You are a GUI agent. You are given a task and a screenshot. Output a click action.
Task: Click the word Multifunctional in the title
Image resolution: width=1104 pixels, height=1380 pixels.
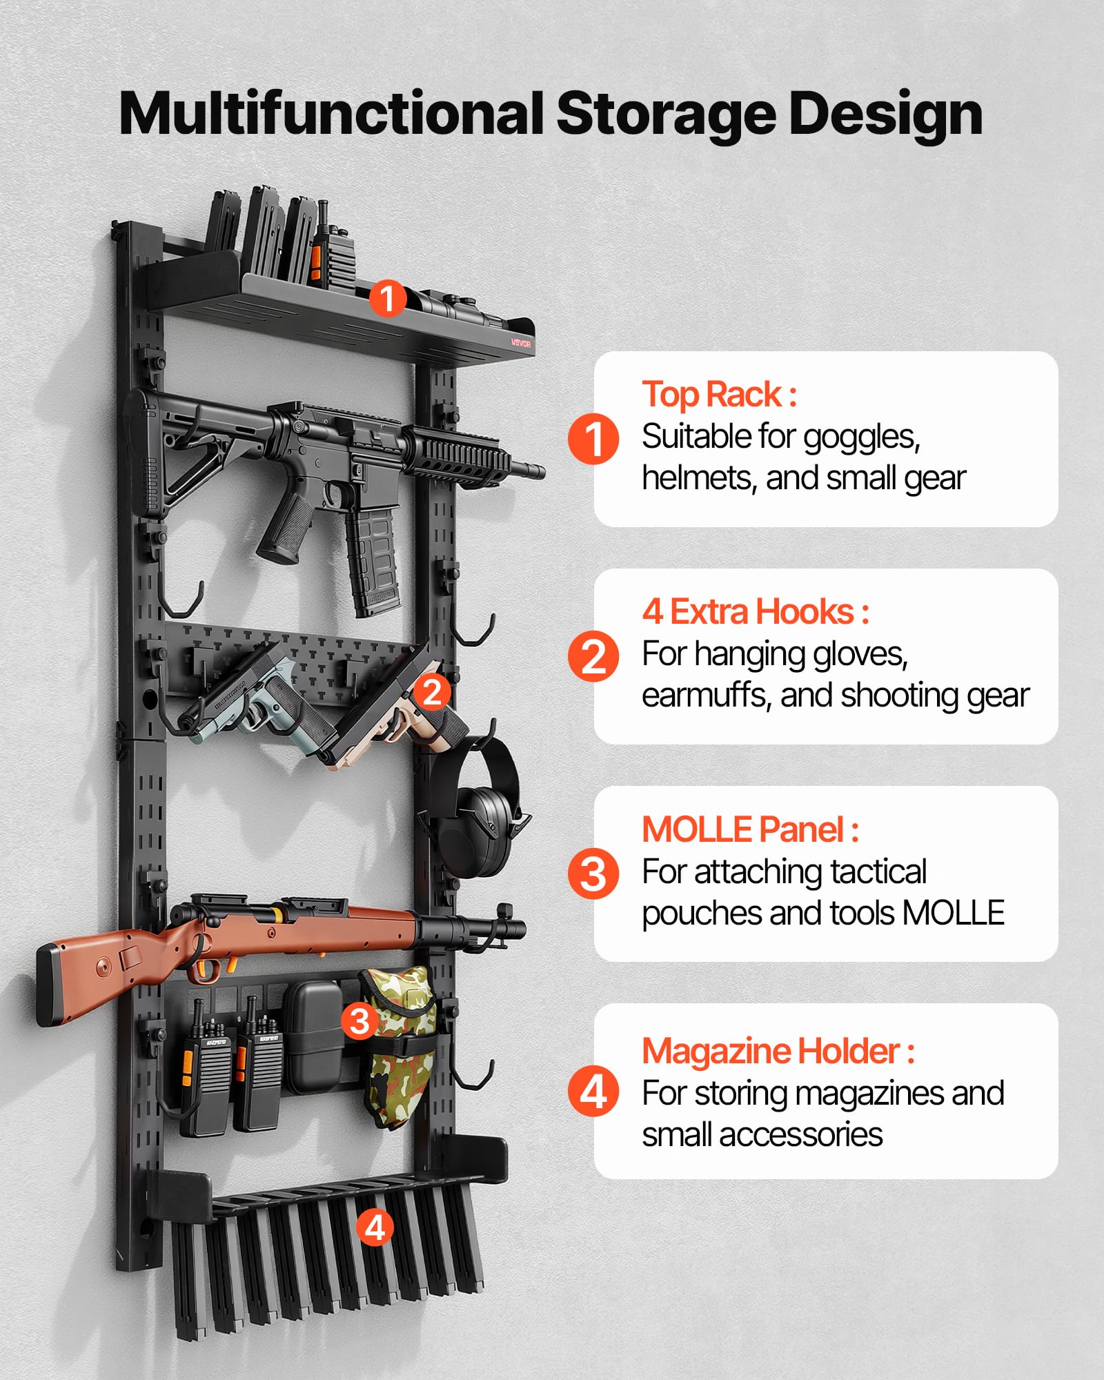point(333,114)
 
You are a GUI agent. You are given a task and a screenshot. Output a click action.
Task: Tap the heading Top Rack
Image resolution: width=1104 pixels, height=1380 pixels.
point(712,395)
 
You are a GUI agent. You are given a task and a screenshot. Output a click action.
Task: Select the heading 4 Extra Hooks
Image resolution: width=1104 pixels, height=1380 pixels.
point(748,612)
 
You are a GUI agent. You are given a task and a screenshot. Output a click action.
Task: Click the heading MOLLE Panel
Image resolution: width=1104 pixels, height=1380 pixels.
point(742,829)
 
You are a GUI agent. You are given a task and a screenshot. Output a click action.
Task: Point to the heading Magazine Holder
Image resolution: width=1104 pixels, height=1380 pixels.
point(771,1051)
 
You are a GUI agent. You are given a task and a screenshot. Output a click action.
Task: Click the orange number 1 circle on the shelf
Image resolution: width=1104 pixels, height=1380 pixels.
point(387,298)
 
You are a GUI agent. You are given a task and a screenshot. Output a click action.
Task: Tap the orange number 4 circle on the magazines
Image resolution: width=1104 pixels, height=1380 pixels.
point(375,1228)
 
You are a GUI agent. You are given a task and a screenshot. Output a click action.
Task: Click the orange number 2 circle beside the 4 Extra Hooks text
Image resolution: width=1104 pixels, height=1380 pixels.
point(593,656)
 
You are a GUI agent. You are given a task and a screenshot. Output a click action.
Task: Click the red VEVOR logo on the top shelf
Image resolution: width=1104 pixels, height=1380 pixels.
point(521,343)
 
